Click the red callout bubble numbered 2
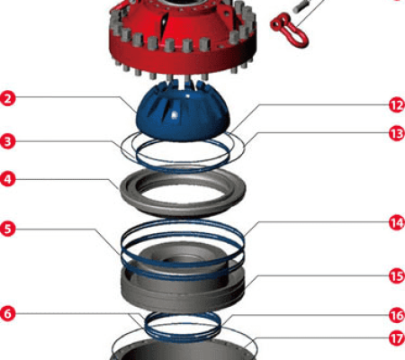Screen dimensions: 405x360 click(7, 99)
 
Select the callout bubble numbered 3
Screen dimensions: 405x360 click(7, 141)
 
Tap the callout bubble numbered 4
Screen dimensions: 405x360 click(7, 179)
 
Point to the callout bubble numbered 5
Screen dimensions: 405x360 click(7, 229)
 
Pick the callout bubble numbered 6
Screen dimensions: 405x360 click(7, 313)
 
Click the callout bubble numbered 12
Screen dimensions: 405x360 click(397, 105)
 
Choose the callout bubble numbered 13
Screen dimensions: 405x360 click(397, 133)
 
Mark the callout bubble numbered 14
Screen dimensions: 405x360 click(397, 223)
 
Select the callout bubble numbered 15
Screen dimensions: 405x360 click(397, 276)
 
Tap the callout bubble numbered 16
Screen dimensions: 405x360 click(397, 316)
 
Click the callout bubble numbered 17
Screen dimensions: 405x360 click(397, 338)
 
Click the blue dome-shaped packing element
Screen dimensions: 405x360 click(183, 114)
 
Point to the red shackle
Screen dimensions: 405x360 click(289, 31)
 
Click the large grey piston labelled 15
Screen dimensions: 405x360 click(183, 297)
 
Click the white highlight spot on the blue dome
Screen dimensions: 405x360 click(174, 115)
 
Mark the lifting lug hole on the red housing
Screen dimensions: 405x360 click(226, 13)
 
